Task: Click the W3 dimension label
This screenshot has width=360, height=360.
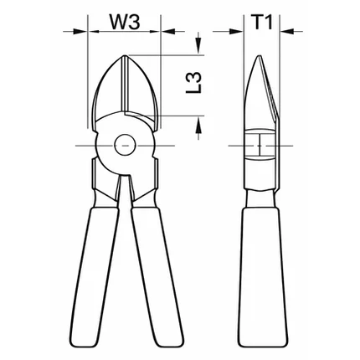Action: pyautogui.click(x=124, y=22)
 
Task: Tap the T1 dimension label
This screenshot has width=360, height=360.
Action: pyautogui.click(x=261, y=22)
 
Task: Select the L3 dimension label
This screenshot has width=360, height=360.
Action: pyautogui.click(x=193, y=82)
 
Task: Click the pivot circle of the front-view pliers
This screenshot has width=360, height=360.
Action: pyautogui.click(x=125, y=146)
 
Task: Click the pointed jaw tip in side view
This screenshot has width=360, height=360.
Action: pyautogui.click(x=260, y=56)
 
